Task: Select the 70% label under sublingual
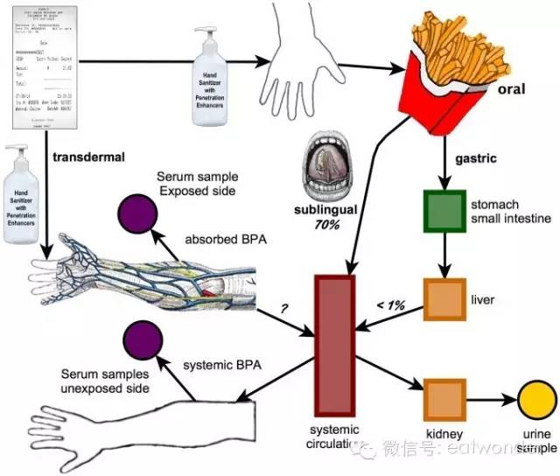(x=328, y=225)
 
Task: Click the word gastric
(x=476, y=162)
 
